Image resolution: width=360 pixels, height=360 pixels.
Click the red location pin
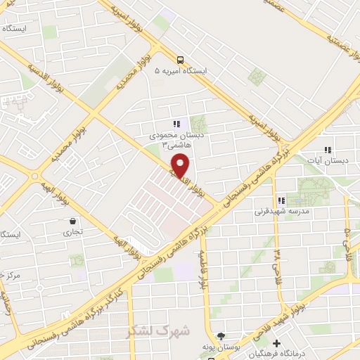181,165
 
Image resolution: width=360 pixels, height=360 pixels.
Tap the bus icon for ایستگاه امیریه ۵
181,60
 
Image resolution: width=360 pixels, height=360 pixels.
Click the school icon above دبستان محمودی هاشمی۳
176,124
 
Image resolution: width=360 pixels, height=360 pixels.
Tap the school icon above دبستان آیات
328,149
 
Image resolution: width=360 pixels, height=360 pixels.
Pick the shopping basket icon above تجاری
72,220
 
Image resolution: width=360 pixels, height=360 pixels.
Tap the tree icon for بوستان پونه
221,337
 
